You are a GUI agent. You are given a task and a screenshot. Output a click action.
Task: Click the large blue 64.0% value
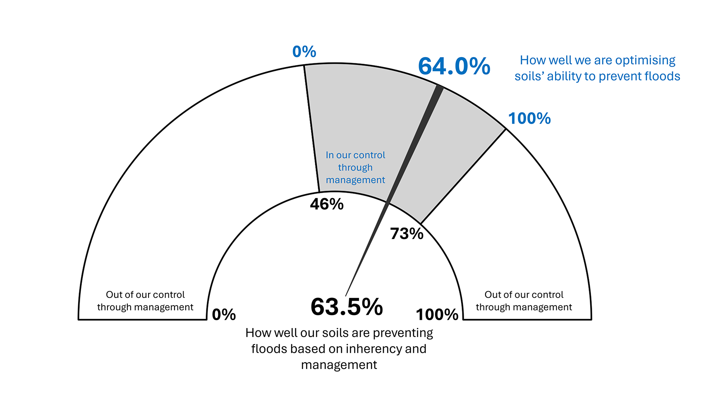click(454, 66)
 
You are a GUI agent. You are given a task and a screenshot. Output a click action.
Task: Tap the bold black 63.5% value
click(347, 307)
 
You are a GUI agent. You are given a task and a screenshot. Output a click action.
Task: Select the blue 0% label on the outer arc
click(304, 52)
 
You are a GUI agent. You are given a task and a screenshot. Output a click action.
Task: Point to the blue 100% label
click(529, 119)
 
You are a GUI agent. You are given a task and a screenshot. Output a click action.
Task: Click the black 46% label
click(327, 204)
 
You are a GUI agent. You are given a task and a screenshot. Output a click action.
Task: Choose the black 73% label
click(407, 234)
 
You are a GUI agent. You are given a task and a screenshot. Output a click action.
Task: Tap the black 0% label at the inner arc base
click(224, 315)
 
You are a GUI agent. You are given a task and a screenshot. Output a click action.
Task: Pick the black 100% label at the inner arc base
click(437, 315)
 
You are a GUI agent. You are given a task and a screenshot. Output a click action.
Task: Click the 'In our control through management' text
click(355, 168)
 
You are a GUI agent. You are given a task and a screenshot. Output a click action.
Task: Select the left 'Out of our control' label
click(145, 301)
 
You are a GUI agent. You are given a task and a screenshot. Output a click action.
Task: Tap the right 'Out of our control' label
click(524, 301)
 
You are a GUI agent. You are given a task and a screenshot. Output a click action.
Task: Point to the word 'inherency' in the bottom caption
click(374, 349)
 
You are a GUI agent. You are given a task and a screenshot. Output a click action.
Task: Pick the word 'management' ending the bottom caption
click(339, 365)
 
